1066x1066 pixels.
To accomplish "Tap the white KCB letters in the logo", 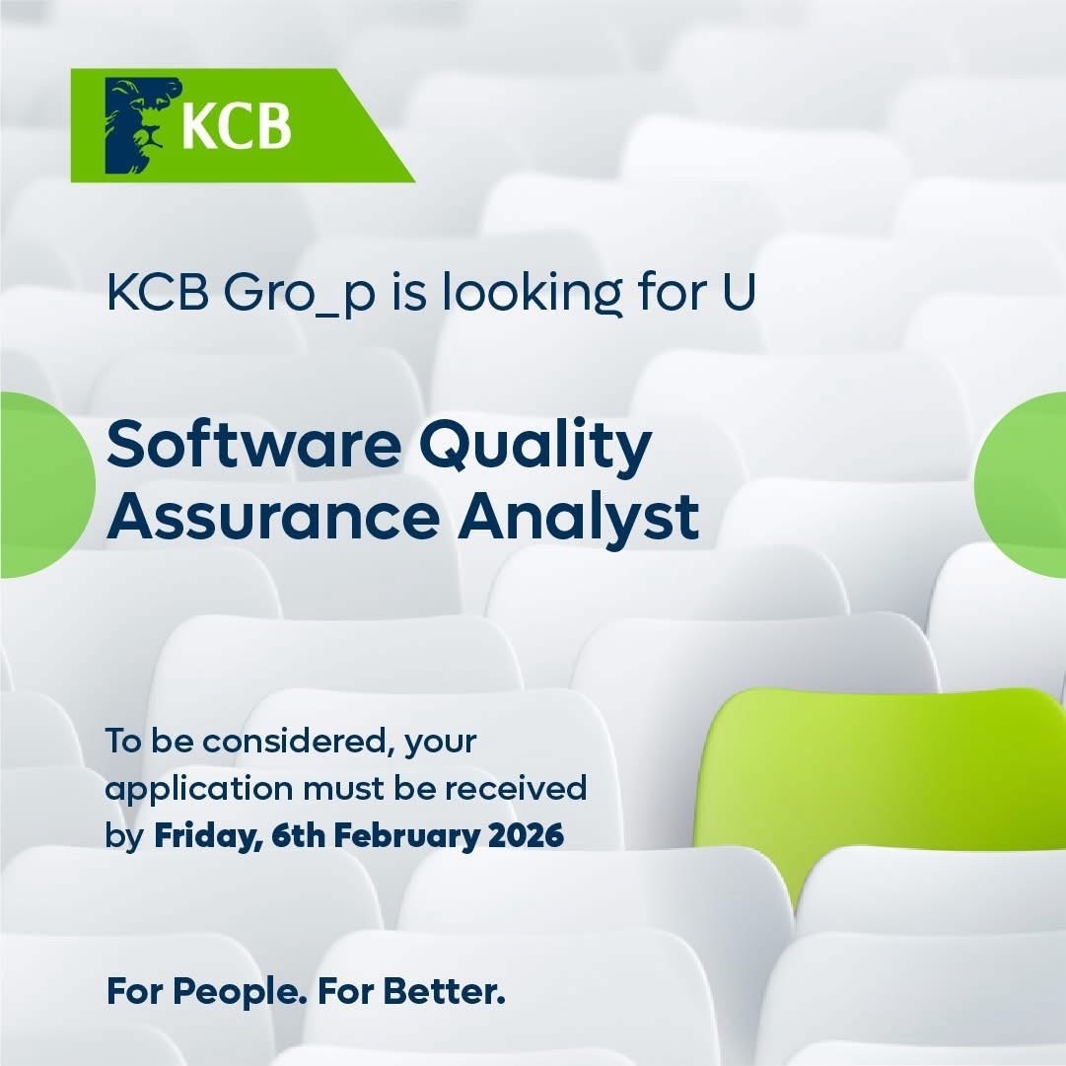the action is point(237,126).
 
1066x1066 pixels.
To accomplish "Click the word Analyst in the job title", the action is point(579,520).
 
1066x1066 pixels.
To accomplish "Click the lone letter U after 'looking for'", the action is point(739,292).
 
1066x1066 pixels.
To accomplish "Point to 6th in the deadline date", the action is point(298,835).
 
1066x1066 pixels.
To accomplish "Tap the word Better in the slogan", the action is point(444,991).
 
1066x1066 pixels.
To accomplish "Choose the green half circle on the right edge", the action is point(1021,485).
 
